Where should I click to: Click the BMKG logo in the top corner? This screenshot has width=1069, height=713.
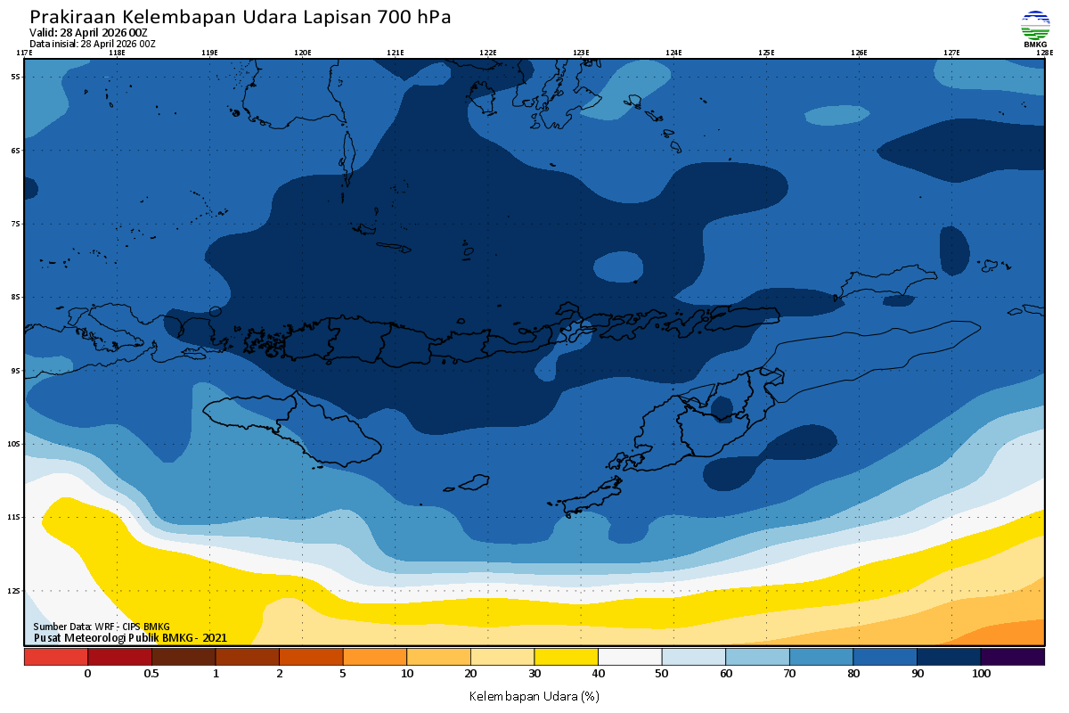tap(1035, 29)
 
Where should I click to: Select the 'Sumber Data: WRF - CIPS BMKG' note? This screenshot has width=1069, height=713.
tap(101, 627)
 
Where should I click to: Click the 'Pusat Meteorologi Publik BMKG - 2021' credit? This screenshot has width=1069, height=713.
tap(130, 637)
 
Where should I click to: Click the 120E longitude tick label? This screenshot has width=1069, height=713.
tap(303, 53)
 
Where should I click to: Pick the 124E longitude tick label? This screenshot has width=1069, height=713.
tap(673, 53)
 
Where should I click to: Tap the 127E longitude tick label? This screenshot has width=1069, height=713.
tap(951, 53)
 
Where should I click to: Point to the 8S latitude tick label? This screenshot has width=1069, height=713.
tap(16, 297)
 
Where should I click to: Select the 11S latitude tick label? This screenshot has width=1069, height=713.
tap(15, 517)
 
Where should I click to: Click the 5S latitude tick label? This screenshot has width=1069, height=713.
tap(16, 77)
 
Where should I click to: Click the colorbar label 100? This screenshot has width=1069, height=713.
tap(981, 674)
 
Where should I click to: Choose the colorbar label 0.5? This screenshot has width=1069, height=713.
tap(151, 674)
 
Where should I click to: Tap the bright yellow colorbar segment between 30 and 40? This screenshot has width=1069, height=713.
tap(566, 657)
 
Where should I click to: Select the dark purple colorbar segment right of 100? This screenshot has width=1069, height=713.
tap(1012, 657)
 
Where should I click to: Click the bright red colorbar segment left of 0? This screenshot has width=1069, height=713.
tap(55, 657)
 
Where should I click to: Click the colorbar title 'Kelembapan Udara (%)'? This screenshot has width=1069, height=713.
tap(534, 695)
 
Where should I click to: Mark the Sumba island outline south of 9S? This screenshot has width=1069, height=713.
tap(294, 428)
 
